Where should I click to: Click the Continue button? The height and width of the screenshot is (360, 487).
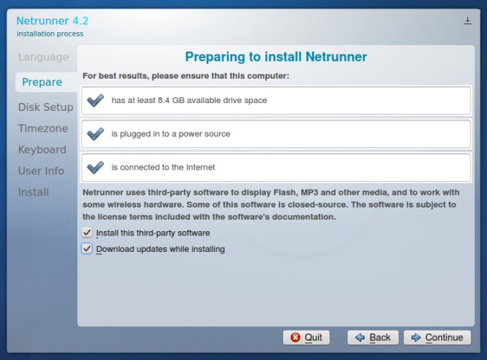(438, 337)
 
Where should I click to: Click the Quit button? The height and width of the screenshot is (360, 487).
(306, 337)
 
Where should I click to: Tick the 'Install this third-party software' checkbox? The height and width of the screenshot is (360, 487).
(87, 233)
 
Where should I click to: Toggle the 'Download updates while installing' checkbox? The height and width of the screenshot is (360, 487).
(87, 249)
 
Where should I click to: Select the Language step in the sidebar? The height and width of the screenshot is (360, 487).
(43, 57)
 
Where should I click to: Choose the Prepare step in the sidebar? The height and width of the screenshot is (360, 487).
(42, 82)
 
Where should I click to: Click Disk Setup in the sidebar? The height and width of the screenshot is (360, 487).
(45, 107)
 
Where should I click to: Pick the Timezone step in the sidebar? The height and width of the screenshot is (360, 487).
(43, 129)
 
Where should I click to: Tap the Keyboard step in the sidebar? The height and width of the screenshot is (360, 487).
(42, 150)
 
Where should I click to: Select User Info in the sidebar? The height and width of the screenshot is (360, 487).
(41, 171)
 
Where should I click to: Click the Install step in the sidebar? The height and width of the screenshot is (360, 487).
(34, 192)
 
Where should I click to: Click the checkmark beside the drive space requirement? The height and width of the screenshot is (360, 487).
(95, 101)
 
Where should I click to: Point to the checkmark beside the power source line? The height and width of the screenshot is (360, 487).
(95, 134)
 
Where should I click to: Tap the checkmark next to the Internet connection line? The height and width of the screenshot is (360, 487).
(95, 167)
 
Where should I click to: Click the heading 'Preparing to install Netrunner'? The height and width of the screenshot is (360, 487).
(276, 57)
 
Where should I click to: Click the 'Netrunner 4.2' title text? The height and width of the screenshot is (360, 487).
(52, 20)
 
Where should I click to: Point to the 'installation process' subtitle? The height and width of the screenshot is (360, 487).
(49, 34)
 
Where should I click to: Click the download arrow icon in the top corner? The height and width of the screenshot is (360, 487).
(468, 21)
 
